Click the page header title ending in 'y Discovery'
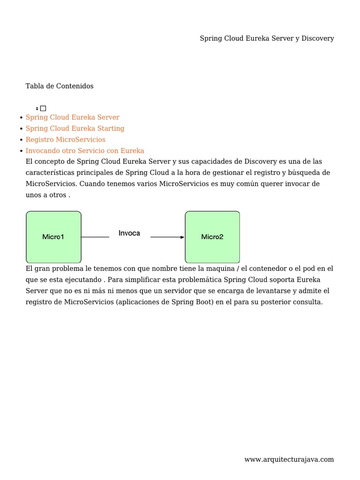click(267, 38)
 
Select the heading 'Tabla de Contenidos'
click(60, 86)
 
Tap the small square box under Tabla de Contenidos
click(43, 108)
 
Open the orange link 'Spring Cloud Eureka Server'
click(72, 117)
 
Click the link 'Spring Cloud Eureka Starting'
click(75, 128)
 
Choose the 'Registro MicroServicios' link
click(66, 140)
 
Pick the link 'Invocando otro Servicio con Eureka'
click(85, 151)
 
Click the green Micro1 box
click(53, 237)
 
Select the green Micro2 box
click(212, 237)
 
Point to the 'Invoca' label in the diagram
click(129, 233)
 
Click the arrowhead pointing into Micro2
click(182, 237)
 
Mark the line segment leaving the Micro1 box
click(95, 237)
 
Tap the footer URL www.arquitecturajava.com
click(289, 459)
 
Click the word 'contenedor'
click(259, 269)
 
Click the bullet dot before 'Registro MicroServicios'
click(22, 140)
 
